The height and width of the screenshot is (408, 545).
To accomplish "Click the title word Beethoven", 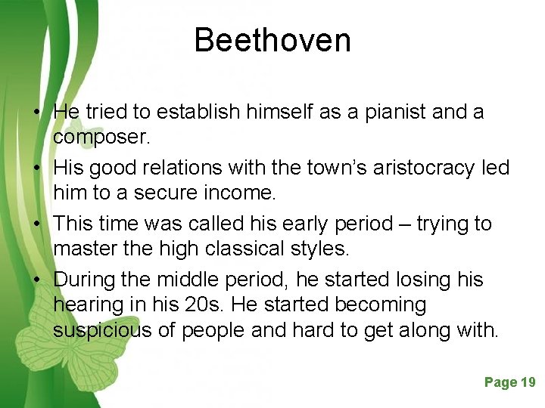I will pyautogui.click(x=272, y=40).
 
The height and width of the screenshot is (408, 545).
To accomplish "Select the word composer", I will pyautogui.click(x=101, y=138).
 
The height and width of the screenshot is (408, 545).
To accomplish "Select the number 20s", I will pyautogui.click(x=223, y=305).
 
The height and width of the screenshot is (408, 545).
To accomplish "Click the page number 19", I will pyautogui.click(x=528, y=382).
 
